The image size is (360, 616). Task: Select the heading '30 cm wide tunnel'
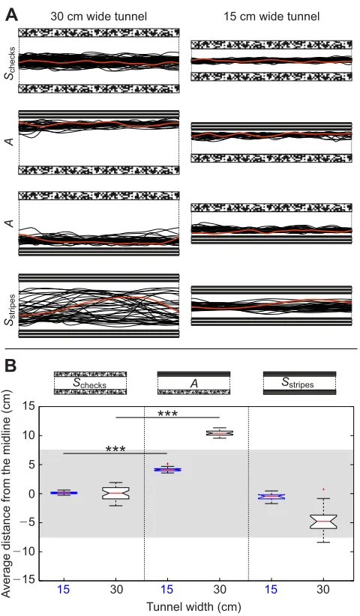(99, 16)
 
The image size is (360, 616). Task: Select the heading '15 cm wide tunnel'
(271, 16)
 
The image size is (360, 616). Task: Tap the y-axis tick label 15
(28, 406)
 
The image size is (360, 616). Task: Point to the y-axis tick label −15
(25, 580)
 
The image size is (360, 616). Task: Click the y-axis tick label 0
(31, 493)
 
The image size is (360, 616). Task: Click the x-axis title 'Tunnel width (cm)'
(193, 607)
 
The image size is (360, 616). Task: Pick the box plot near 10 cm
(220, 433)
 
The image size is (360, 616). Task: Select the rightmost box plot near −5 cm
(323, 522)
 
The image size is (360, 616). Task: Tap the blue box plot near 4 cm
(167, 469)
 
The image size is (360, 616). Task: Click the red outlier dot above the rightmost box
(323, 489)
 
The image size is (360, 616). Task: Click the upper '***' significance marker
(168, 414)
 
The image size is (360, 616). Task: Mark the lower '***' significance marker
(115, 449)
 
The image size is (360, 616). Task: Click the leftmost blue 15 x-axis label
(64, 590)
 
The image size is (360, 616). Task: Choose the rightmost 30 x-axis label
(323, 590)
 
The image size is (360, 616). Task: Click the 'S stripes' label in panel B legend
(298, 383)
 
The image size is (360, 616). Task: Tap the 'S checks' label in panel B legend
(89, 383)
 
